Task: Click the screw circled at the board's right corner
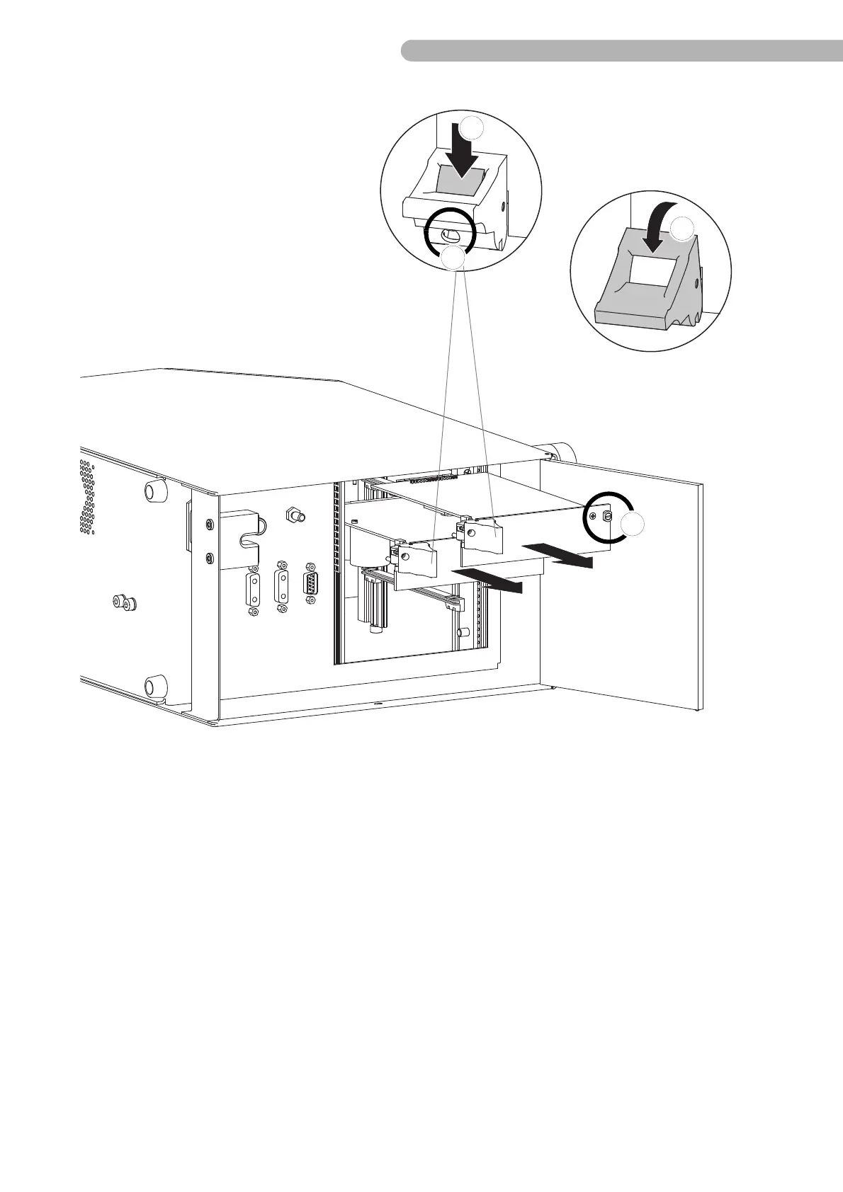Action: click(606, 517)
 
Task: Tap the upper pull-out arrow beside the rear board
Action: click(559, 556)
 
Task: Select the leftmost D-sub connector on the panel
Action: click(252, 588)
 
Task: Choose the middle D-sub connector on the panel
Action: click(282, 587)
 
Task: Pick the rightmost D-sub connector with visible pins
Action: click(310, 583)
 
